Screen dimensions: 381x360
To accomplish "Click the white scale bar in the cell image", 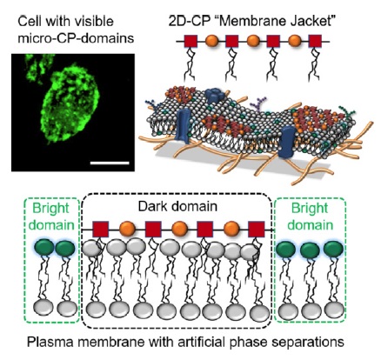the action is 110,163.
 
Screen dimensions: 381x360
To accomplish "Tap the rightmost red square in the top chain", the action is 315,41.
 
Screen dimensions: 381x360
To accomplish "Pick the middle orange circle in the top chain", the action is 253,41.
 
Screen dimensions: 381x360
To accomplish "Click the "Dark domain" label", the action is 177,207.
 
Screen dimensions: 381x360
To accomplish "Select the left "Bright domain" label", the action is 51,217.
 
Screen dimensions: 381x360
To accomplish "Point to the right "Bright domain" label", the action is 310,217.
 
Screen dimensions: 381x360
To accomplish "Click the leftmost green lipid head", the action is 44,249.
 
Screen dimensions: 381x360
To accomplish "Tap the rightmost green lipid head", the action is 333,250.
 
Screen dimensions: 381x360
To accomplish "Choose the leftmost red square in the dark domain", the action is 101,230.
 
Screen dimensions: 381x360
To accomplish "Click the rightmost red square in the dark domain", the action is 257,230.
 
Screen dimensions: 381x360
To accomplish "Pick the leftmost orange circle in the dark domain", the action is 127,230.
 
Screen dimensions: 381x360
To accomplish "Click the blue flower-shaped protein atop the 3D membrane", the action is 215,96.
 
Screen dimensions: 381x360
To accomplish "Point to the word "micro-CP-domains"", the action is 76,38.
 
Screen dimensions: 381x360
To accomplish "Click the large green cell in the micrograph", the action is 71,103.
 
